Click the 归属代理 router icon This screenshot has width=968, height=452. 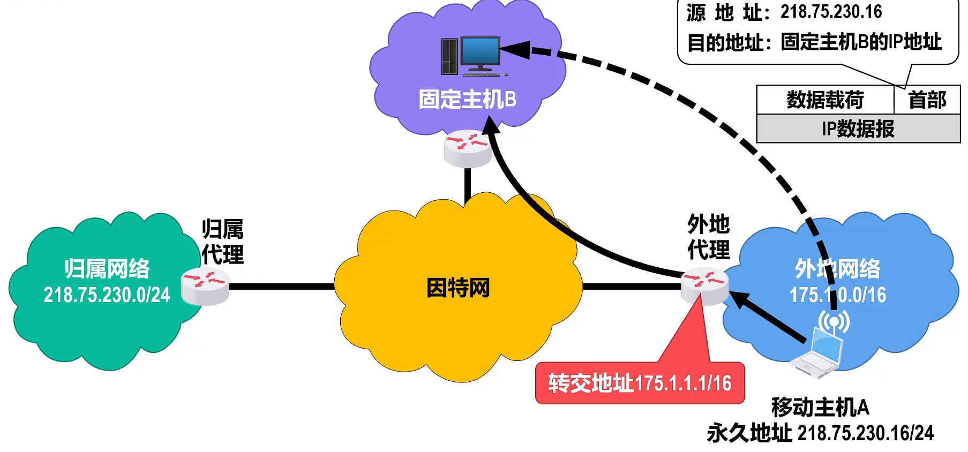click(205, 286)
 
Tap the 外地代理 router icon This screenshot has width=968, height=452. click(704, 286)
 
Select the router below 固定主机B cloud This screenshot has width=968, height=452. click(468, 148)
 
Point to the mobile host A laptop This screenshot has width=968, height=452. click(817, 354)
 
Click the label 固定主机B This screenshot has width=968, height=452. click(467, 100)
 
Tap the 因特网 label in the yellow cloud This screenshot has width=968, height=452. click(458, 288)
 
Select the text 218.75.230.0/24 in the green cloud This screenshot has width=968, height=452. click(107, 295)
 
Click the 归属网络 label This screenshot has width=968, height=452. click(107, 269)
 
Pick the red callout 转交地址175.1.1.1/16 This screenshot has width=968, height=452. click(640, 383)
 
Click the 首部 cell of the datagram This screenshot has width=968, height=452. click(927, 100)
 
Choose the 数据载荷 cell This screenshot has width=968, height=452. click(825, 100)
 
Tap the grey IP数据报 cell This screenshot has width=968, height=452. click(858, 129)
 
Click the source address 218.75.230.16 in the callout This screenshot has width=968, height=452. click(831, 12)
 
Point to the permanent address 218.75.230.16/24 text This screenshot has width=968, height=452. click(865, 433)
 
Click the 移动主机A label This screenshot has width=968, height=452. click(820, 408)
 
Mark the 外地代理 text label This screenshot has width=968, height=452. click(708, 237)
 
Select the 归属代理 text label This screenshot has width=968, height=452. click(222, 242)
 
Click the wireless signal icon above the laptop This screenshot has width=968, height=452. click(834, 322)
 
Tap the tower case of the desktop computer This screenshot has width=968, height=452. click(449, 56)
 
